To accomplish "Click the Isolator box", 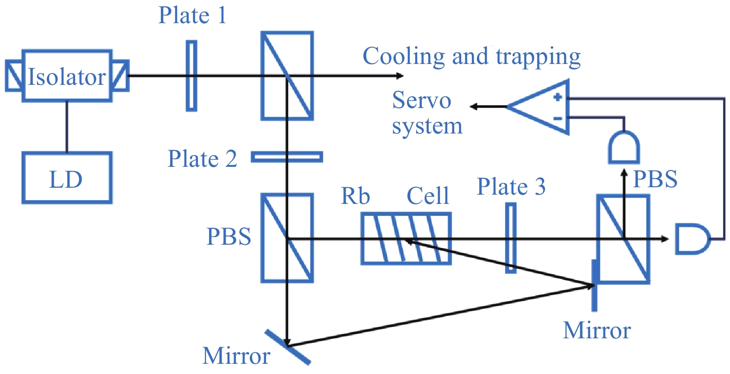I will pos(67,76).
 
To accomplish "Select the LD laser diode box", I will pos(67,178).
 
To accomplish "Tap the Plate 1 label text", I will pos(192,15).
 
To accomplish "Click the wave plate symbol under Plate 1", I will pos(191,76).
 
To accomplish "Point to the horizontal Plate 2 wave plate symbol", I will pos(287,157).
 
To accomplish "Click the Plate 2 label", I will pos(202,158).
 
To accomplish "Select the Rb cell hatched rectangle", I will pos(406,239).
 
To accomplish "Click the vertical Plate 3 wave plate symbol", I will pos(510,238).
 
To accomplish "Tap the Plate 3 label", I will pos(511,187).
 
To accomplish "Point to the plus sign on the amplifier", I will pos(558,97).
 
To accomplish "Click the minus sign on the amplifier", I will pos(558,118).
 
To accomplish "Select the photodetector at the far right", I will pos(692,239).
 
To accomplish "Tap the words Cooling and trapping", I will pos(471,57).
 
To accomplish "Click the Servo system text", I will pos(426,113).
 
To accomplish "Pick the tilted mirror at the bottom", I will pos(287,347).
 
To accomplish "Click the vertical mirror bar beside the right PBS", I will pos(595,285).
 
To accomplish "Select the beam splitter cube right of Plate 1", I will pos(287,76).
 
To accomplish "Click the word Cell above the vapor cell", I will pos(428,196).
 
